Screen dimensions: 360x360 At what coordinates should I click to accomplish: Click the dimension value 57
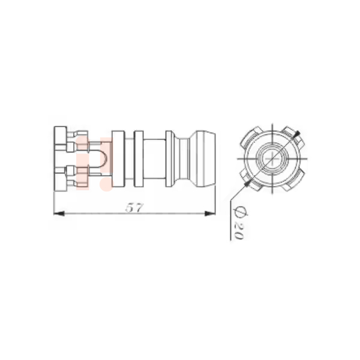(134, 208)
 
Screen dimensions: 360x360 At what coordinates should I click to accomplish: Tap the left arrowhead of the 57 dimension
(59, 214)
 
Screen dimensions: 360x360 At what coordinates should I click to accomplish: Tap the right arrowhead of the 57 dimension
(210, 214)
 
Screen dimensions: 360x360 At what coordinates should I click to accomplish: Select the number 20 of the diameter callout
(238, 231)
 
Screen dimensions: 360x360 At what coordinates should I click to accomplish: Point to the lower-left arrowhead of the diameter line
(247, 183)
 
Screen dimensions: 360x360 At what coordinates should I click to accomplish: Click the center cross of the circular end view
(272, 158)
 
